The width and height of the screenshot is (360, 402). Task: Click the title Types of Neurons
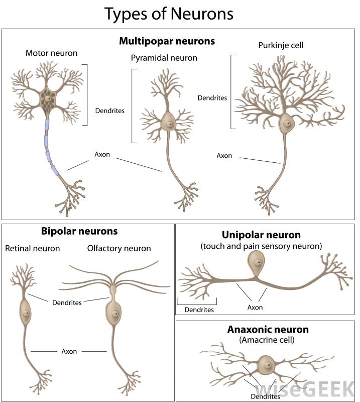[169, 14]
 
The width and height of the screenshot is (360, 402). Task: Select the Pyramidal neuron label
[164, 58]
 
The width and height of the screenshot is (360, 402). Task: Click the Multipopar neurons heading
[167, 41]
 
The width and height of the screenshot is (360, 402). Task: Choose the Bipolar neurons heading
[79, 232]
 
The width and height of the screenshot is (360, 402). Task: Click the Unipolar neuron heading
[261, 235]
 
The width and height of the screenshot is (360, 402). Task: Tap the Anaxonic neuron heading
[268, 330]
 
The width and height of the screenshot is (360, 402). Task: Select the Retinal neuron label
[33, 248]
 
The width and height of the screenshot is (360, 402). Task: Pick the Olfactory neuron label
[119, 248]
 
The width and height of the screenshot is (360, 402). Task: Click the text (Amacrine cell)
[267, 340]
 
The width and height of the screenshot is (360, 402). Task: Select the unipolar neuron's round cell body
[257, 263]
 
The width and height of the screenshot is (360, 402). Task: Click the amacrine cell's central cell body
[266, 364]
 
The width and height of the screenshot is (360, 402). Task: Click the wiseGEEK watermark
[307, 390]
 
